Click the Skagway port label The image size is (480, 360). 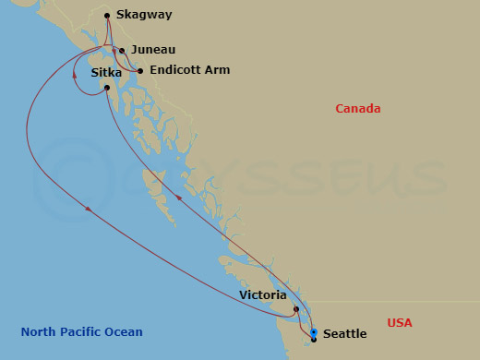point(145,15)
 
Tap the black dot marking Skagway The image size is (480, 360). point(108,15)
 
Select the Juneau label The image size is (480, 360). point(153,50)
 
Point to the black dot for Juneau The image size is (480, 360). point(122,51)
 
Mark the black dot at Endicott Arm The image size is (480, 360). point(140,70)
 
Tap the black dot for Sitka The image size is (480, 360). point(108,88)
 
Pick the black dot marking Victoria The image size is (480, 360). point(296,309)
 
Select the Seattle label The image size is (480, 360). point(345,334)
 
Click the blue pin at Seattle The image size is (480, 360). point(314,332)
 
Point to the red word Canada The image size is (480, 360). point(357,109)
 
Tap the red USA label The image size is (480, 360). point(400,322)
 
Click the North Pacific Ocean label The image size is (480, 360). point(82,332)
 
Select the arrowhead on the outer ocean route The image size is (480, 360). point(89,210)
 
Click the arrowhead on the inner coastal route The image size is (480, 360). point(179,198)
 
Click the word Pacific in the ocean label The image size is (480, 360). point(82,332)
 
